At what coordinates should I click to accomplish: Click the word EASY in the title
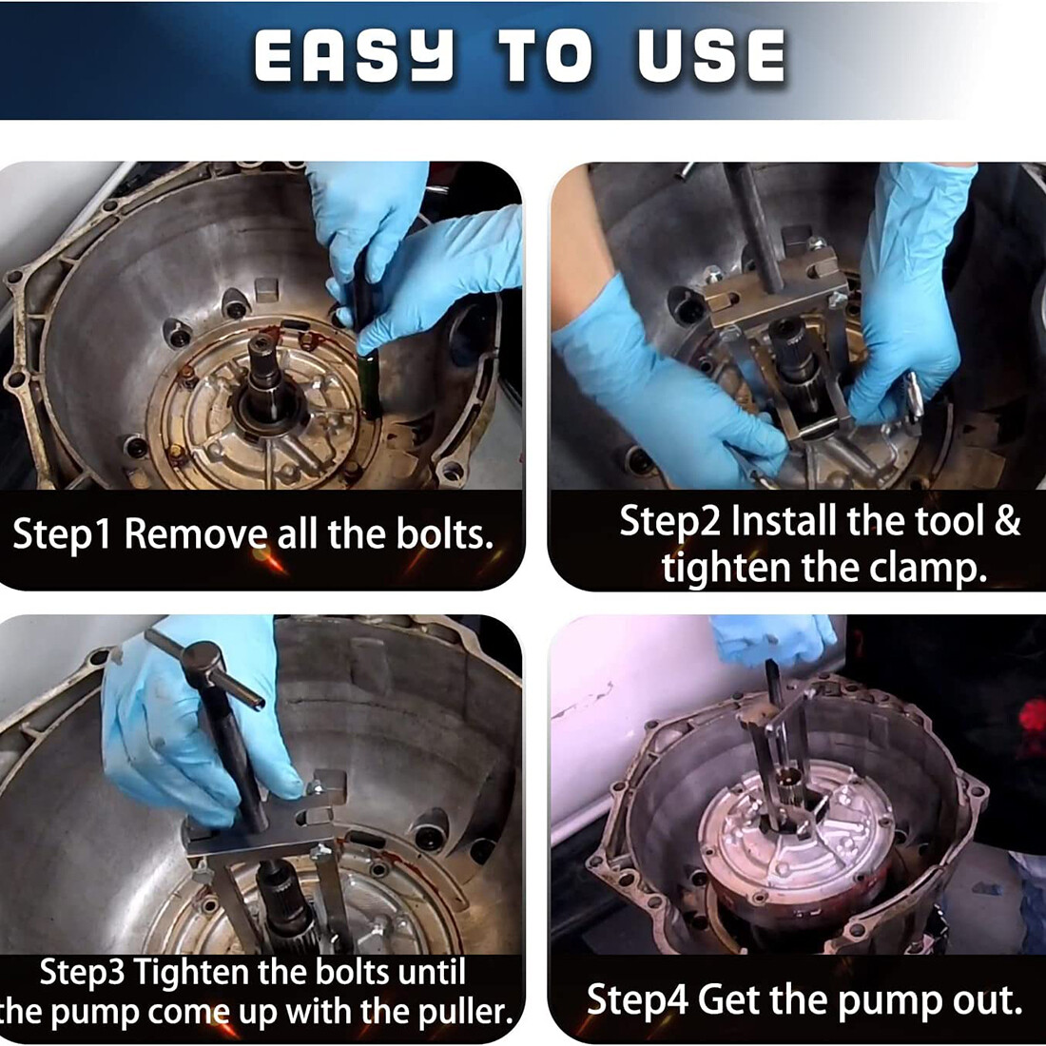(x=355, y=57)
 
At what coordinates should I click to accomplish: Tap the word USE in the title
(x=711, y=57)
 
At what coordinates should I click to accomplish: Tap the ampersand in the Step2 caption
(x=1007, y=519)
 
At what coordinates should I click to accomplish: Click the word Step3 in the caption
(x=82, y=974)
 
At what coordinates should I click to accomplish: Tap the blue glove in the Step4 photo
(x=774, y=640)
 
